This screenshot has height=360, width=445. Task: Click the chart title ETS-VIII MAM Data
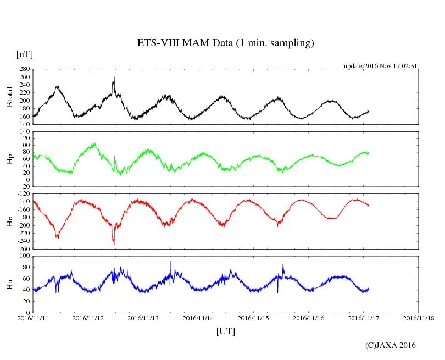(225, 43)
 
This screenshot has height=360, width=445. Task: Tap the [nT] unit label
(24, 54)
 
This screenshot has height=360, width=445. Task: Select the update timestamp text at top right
(381, 66)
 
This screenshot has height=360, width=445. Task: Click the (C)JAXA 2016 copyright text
(391, 345)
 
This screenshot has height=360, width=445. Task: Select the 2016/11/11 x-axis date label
(33, 318)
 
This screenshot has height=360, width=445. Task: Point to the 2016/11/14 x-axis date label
(198, 318)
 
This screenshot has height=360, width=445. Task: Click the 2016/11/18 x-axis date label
(419, 318)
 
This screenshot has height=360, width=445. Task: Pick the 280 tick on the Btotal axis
(24, 70)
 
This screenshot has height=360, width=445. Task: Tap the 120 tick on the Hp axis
(24, 131)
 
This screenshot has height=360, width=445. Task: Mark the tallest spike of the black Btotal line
(114, 77)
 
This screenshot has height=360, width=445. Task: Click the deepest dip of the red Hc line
(114, 243)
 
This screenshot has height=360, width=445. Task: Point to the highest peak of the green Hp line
(94, 143)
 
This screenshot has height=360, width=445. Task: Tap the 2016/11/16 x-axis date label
(308, 318)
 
